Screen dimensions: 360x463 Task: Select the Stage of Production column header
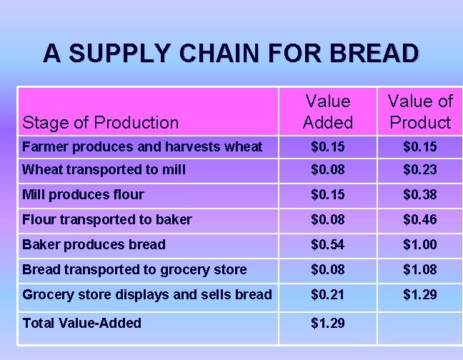(101, 122)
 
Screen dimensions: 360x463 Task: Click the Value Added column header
(327, 112)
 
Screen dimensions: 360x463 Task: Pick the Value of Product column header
(420, 112)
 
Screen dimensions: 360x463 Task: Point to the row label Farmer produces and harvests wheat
(142, 147)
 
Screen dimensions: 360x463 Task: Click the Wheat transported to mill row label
(104, 170)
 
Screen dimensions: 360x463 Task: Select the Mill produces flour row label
(83, 194)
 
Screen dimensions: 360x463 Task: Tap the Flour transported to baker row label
(107, 219)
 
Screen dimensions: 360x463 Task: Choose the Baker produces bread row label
(94, 244)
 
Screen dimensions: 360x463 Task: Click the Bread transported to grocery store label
(134, 269)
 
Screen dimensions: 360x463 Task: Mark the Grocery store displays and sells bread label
(147, 294)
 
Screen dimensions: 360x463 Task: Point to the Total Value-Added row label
(82, 323)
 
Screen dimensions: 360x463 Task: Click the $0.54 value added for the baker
(327, 244)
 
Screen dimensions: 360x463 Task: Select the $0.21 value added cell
(327, 294)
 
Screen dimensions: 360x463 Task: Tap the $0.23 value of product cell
(420, 170)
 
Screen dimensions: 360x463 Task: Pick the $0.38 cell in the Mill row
(420, 194)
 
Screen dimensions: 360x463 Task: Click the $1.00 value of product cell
(420, 244)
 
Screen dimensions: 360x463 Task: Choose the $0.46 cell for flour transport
(420, 219)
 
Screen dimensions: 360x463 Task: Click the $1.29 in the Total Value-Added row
(327, 323)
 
